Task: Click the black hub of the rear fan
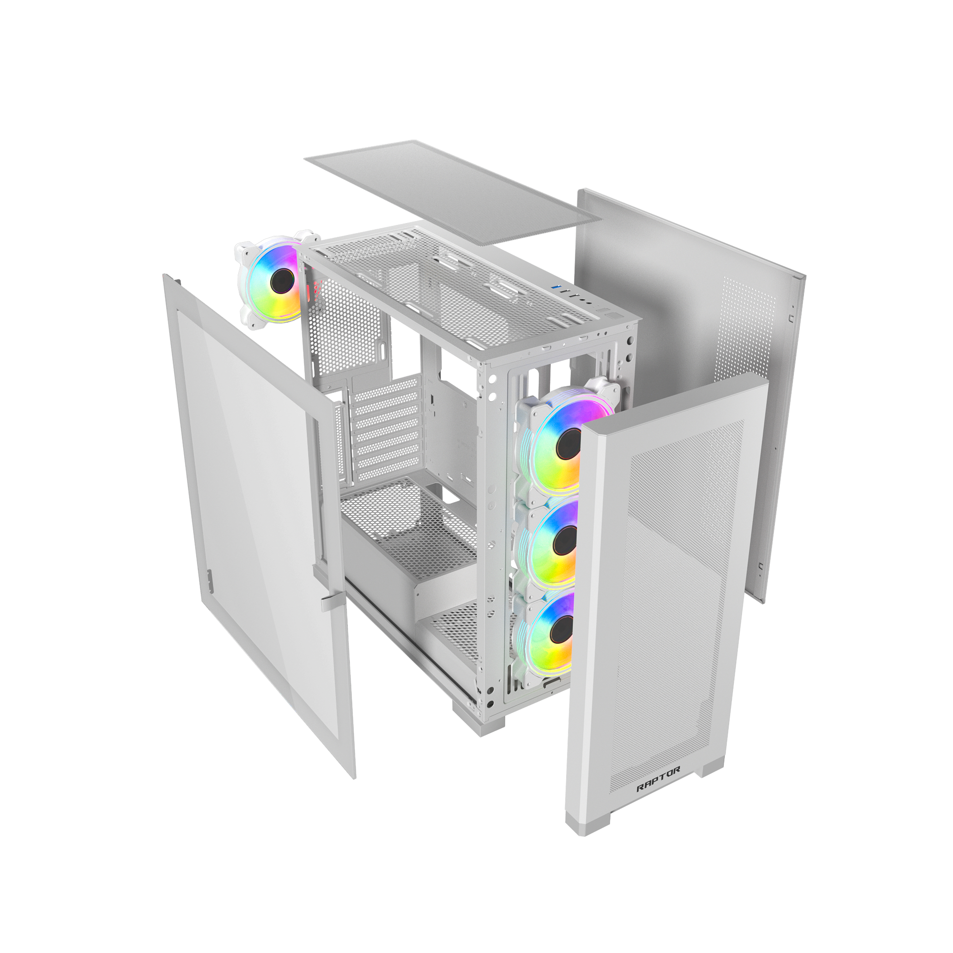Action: coord(282,281)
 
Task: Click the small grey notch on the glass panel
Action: coord(209,576)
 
